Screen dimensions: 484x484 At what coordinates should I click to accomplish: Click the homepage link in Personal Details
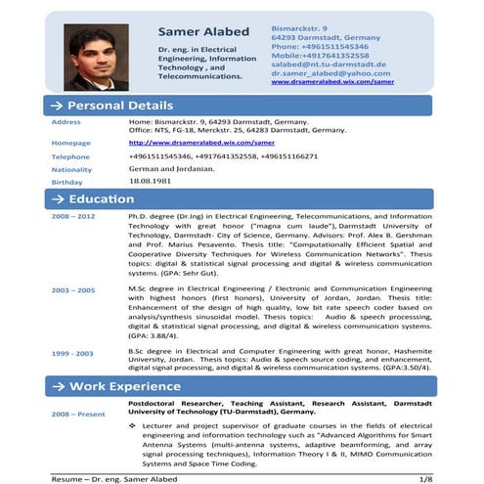[x=187, y=142]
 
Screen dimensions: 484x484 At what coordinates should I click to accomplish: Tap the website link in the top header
[x=332, y=82]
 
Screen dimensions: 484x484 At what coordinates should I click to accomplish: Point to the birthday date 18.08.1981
[x=150, y=182]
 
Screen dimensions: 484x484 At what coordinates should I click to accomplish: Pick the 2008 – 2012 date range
[x=73, y=215]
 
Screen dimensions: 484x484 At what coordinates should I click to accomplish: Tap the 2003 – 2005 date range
[x=73, y=290]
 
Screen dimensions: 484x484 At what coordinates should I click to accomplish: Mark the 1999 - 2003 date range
[x=73, y=352]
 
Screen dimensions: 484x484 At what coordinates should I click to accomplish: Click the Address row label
[x=66, y=121]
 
